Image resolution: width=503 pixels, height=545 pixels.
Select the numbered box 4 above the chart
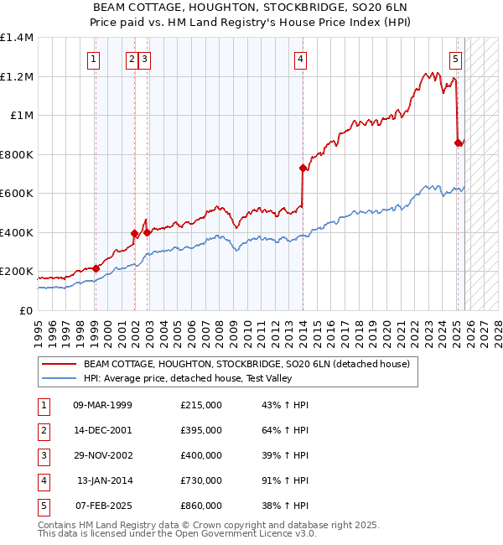299,59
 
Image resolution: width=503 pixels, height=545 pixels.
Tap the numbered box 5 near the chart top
454,59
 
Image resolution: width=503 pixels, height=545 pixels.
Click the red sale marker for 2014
303,168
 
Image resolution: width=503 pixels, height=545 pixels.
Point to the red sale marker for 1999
96,268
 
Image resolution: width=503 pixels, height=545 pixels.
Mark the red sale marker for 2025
458,143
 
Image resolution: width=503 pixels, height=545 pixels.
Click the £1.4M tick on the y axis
17,38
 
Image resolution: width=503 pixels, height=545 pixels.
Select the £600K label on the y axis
17,194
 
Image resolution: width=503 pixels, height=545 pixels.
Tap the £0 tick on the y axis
25,310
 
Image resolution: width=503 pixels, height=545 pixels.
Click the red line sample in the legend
59,364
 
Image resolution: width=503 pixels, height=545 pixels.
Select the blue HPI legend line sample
59,378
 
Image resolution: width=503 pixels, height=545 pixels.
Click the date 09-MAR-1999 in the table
102,405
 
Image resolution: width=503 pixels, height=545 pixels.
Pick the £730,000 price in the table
200,480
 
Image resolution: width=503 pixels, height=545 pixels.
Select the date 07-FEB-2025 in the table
102,506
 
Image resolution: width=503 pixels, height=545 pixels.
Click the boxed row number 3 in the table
41,455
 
